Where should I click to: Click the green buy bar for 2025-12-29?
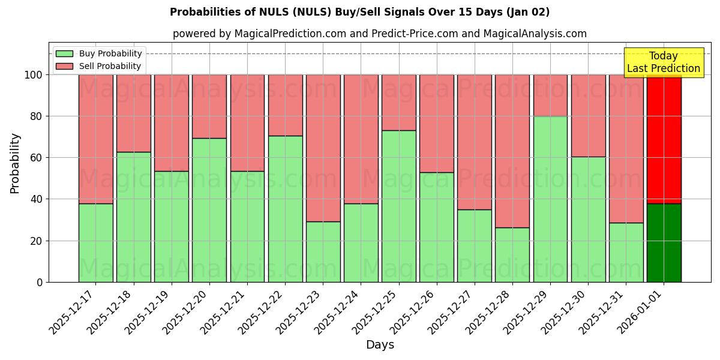(550, 199)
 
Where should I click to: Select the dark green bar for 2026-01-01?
(664, 242)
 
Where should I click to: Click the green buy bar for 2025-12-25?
(398, 206)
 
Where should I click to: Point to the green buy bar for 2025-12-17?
(95, 242)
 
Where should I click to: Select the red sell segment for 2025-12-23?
(323, 148)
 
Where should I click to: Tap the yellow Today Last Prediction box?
(663, 62)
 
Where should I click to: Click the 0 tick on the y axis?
(40, 282)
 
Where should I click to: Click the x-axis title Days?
(380, 345)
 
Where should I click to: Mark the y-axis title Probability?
(15, 163)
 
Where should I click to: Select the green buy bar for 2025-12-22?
(285, 209)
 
